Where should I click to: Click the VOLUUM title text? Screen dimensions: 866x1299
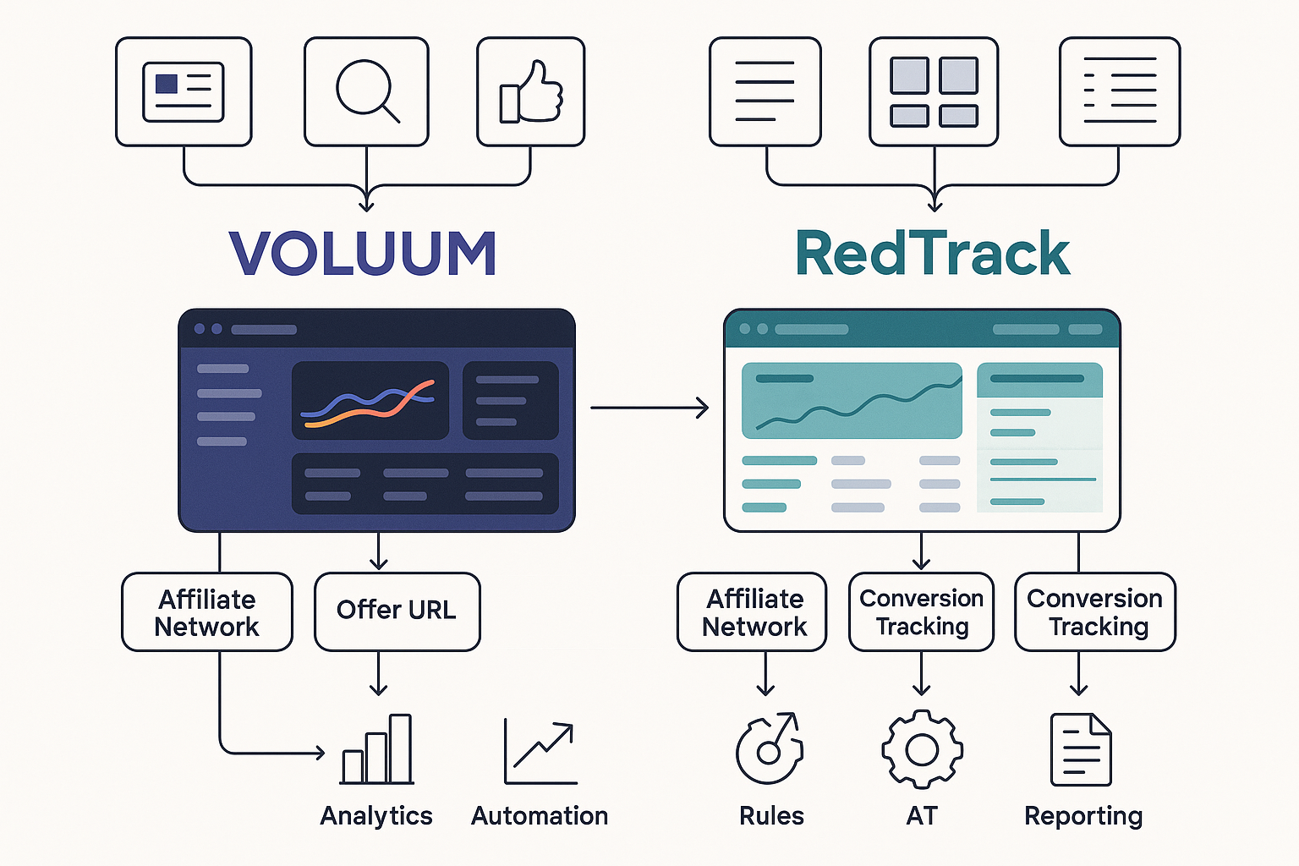click(x=362, y=254)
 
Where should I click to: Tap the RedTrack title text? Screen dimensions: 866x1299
click(x=933, y=254)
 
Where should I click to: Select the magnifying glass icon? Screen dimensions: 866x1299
click(x=366, y=91)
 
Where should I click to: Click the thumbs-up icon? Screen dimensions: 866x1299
click(x=531, y=91)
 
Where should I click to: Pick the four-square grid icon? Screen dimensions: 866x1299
click(x=934, y=91)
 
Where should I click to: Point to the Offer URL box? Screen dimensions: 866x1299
click(x=397, y=611)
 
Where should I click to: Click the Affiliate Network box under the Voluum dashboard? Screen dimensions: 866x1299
click(x=207, y=612)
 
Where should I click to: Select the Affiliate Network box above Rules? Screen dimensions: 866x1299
click(x=752, y=612)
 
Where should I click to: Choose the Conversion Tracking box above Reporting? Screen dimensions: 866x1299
click(x=1094, y=612)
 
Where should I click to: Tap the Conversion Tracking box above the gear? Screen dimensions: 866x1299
click(x=921, y=612)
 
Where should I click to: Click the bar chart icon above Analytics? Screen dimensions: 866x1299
click(x=377, y=750)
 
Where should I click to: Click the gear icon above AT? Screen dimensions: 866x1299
click(x=922, y=749)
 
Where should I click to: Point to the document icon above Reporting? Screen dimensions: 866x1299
click(x=1080, y=750)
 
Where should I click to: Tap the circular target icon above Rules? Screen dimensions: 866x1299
click(x=769, y=749)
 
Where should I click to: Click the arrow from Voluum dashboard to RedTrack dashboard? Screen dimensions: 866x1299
click(x=649, y=408)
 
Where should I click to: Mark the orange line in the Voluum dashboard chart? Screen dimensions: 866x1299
click(x=364, y=412)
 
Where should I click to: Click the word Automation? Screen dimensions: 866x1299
click(x=540, y=816)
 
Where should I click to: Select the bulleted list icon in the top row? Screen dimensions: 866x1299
click(x=1119, y=91)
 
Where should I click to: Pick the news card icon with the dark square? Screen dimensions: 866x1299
click(x=184, y=91)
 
